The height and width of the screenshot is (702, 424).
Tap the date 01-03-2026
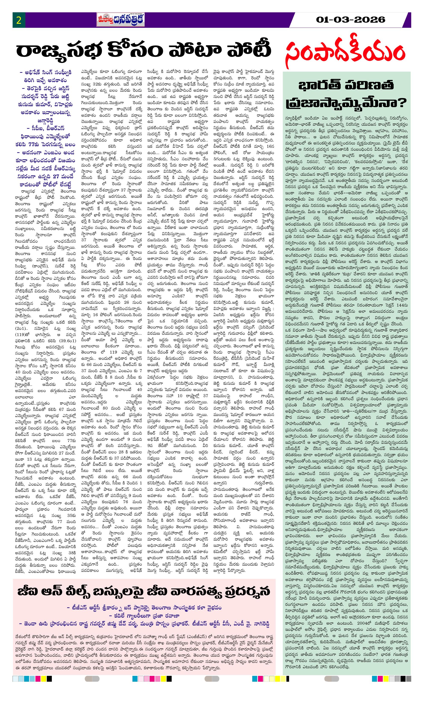(351, 20)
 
